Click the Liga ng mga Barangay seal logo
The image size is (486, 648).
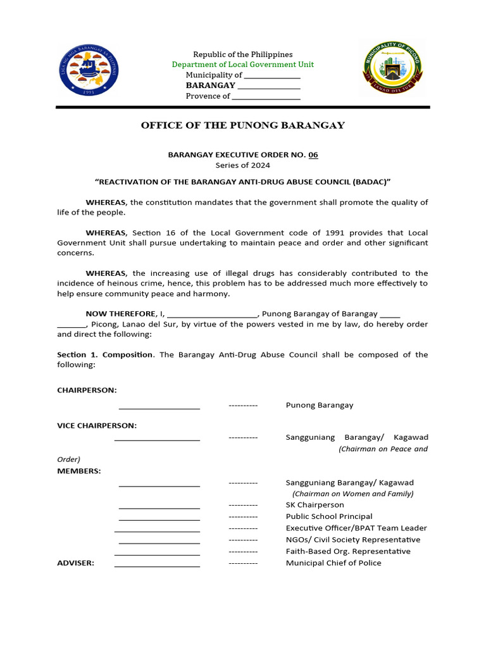(x=89, y=71)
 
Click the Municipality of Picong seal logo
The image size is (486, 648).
(x=392, y=68)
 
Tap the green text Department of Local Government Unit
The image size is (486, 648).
(x=243, y=65)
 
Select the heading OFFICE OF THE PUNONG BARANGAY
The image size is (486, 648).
(x=243, y=125)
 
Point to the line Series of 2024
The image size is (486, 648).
(x=243, y=165)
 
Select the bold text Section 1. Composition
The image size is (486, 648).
(x=105, y=355)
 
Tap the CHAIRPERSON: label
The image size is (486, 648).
(x=87, y=390)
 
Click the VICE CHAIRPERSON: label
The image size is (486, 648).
(x=97, y=426)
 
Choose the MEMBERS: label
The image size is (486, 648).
(x=78, y=471)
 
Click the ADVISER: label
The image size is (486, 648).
(x=76, y=563)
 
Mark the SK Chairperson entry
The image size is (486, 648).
(x=315, y=505)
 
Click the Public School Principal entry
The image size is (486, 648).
(x=329, y=516)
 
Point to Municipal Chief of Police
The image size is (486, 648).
(x=333, y=563)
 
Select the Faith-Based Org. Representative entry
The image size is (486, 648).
(x=348, y=551)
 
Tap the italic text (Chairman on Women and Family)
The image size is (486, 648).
(x=352, y=494)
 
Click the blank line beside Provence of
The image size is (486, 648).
(x=266, y=97)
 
